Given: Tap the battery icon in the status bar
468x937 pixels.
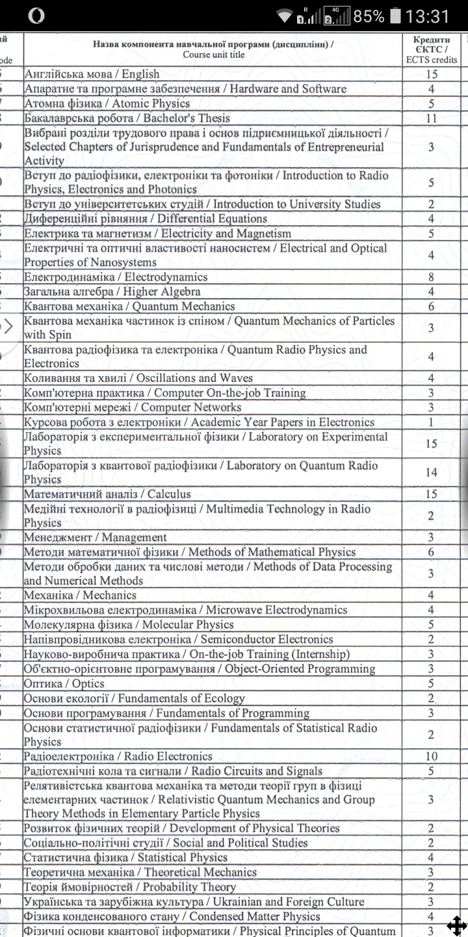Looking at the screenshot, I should coord(395,16).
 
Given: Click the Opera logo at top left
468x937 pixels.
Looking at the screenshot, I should coord(36,16).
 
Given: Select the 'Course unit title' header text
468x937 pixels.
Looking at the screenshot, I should coord(213,55).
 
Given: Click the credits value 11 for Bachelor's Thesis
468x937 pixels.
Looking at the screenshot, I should coord(431,118).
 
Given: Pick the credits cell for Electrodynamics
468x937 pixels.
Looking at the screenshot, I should coord(431,277).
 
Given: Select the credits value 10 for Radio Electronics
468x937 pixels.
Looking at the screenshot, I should coord(431,757).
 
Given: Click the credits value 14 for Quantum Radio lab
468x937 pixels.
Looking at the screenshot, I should coord(431,472).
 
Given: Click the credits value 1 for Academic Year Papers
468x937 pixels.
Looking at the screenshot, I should coord(431,422).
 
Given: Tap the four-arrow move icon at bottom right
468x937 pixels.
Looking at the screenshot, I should coord(456,926).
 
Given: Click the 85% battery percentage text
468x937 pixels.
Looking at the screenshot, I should coord(369,16).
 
